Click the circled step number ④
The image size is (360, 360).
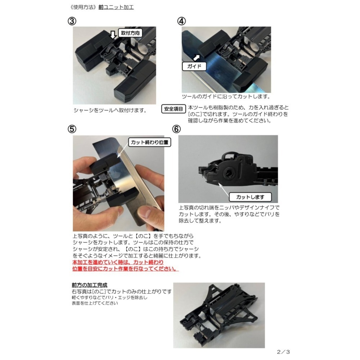[181, 21]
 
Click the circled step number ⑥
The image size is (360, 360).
[176, 129]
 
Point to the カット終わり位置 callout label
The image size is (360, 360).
[149, 142]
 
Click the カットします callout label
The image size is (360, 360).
[253, 197]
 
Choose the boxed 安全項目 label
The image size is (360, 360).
[174, 109]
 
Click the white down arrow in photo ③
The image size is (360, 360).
[113, 35]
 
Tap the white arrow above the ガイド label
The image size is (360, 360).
[197, 57]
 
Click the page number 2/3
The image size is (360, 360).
[283, 352]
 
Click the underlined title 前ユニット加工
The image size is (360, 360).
[116, 7]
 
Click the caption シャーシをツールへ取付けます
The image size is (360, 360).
[110, 110]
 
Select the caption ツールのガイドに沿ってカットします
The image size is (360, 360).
[226, 97]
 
